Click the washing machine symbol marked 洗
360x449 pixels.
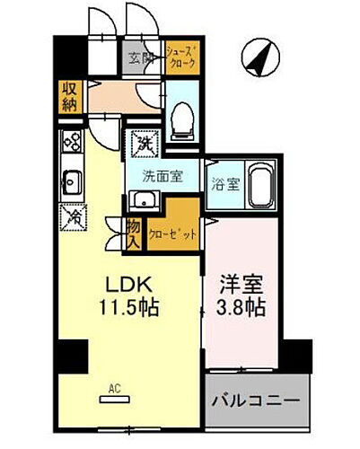(x=143, y=143)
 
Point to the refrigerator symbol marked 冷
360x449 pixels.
(x=71, y=215)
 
